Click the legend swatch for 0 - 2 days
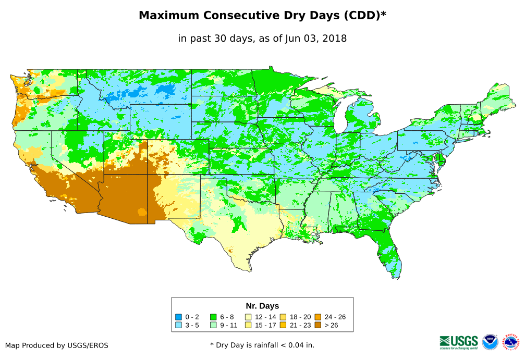click(178, 317)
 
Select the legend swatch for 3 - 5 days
click(178, 325)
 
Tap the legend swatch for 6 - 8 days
click(213, 317)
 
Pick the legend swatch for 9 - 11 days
click(213, 325)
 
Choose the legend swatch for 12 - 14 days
click(248, 317)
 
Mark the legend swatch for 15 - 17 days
click(248, 325)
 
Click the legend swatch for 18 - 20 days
click(283, 317)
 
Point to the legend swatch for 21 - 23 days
click(283, 325)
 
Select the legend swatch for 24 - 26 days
click(318, 317)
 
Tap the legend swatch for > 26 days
click(318, 325)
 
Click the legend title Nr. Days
click(262, 306)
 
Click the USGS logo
click(459, 341)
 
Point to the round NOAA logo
click(490, 342)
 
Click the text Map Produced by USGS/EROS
click(57, 345)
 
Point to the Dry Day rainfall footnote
click(262, 345)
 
